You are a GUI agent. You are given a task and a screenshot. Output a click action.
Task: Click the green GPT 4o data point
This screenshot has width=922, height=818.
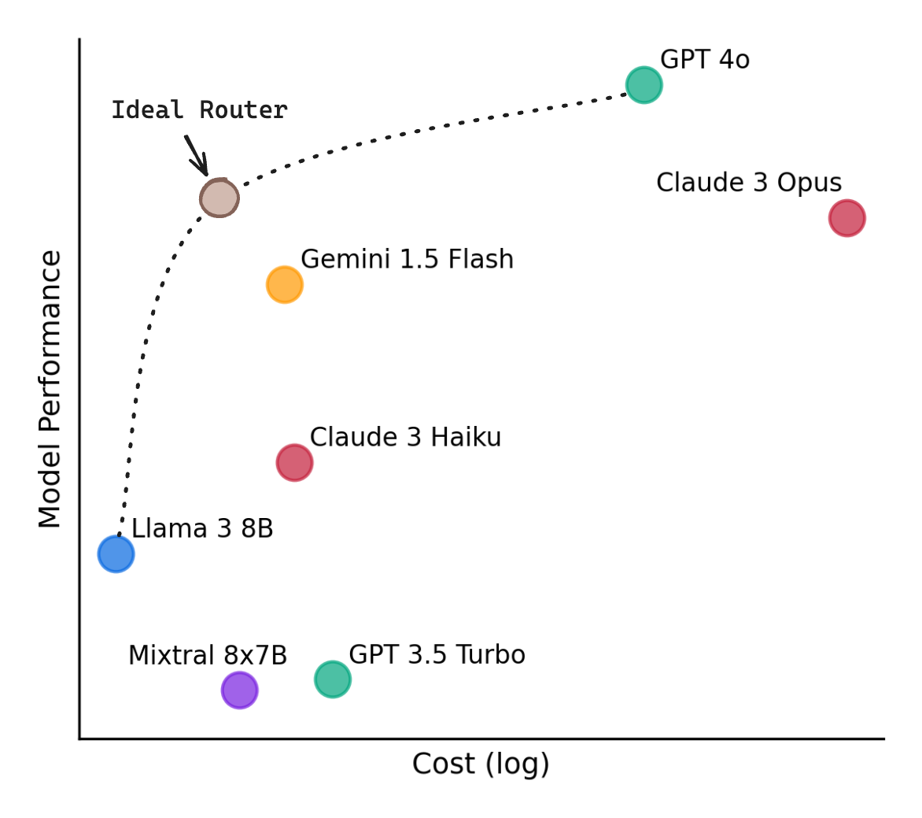tap(644, 85)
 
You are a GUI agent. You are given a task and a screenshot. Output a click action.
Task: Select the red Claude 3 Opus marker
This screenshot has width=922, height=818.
tap(846, 218)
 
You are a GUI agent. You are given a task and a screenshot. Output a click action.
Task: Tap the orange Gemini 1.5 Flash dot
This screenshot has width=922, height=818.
tap(285, 285)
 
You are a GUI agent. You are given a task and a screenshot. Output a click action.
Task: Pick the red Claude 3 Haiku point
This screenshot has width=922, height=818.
tap(294, 463)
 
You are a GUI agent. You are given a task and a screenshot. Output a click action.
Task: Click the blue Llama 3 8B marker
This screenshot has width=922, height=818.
tap(116, 553)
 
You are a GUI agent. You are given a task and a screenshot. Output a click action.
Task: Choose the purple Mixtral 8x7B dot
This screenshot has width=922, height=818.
tap(240, 690)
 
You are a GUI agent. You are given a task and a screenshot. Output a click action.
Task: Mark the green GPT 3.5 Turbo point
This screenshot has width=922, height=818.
tap(333, 679)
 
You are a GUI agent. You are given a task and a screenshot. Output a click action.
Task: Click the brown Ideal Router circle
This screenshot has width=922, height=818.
tap(219, 198)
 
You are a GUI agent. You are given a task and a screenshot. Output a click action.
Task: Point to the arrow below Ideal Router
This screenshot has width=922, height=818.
tap(197, 155)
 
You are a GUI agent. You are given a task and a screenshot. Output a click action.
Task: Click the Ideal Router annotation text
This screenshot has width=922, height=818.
tap(200, 110)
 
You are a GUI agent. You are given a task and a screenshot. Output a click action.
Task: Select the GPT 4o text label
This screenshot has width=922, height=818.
tap(705, 59)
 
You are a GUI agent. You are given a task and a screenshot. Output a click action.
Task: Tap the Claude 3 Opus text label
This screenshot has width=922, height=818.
tap(749, 183)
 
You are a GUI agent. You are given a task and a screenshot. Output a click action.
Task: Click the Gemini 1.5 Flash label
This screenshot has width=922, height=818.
tap(407, 259)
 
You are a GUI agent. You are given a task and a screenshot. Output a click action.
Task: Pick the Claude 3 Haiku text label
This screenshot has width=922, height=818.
tap(406, 437)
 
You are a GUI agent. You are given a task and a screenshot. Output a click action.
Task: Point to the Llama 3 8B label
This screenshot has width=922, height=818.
tap(202, 528)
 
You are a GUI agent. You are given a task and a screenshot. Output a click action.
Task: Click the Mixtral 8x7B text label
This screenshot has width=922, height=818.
tap(208, 655)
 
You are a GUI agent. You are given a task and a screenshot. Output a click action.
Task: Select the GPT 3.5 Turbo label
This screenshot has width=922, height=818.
tap(437, 655)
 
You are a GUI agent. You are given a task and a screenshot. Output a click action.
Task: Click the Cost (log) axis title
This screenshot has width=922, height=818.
tap(481, 764)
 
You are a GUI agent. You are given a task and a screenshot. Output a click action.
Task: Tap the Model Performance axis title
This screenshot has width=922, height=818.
tap(50, 389)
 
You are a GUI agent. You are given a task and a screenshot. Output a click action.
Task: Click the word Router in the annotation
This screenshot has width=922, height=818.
tap(244, 110)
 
